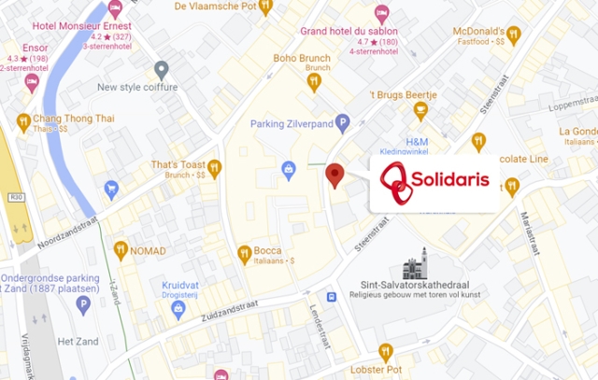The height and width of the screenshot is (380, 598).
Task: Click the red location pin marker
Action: click(335, 175)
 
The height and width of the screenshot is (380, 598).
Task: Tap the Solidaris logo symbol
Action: click(398, 182)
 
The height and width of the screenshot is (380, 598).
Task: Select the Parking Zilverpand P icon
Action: click(342, 121)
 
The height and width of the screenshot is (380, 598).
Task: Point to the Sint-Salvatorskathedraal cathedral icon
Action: click(420, 262)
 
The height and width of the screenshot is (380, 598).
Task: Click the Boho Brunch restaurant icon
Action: click(314, 81)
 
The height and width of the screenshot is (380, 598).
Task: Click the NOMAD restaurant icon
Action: click(121, 249)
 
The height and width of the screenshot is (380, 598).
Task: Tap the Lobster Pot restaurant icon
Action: click(385, 352)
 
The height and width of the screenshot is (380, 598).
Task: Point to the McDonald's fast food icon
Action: click(513, 36)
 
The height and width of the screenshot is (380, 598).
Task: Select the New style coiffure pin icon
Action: click(162, 70)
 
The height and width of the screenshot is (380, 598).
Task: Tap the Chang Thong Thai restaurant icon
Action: click(23, 120)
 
